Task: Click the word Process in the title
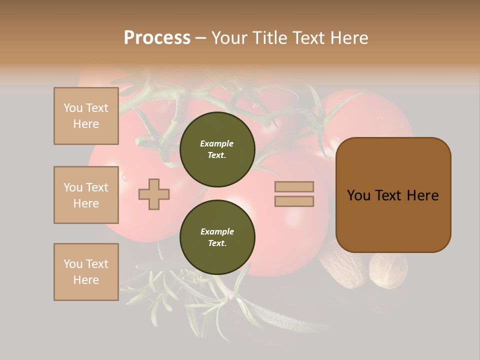[157, 38]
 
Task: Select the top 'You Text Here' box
[86, 116]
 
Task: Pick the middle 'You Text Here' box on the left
[86, 195]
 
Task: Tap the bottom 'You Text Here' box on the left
[86, 272]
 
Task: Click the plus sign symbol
[154, 194]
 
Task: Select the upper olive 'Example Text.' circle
[217, 149]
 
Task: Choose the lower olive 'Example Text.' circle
[217, 237]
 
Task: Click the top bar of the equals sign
[294, 186]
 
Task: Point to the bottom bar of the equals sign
[294, 201]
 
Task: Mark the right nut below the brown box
[388, 270]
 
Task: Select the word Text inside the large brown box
[392, 195]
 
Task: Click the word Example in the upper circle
[217, 143]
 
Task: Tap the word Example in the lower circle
[217, 231]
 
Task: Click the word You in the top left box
[73, 108]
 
